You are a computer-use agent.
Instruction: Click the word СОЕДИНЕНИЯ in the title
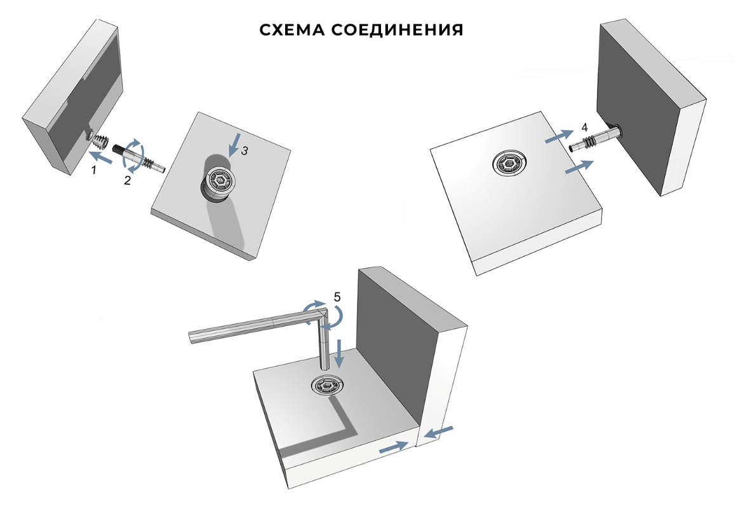point(399,30)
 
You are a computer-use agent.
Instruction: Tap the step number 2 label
point(128,180)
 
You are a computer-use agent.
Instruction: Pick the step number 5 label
point(337,296)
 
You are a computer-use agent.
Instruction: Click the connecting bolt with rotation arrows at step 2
point(140,159)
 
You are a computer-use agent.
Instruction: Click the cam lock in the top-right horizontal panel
point(511,164)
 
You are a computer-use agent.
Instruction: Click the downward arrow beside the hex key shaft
point(340,354)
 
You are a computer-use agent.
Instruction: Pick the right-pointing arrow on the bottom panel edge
point(393,447)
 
